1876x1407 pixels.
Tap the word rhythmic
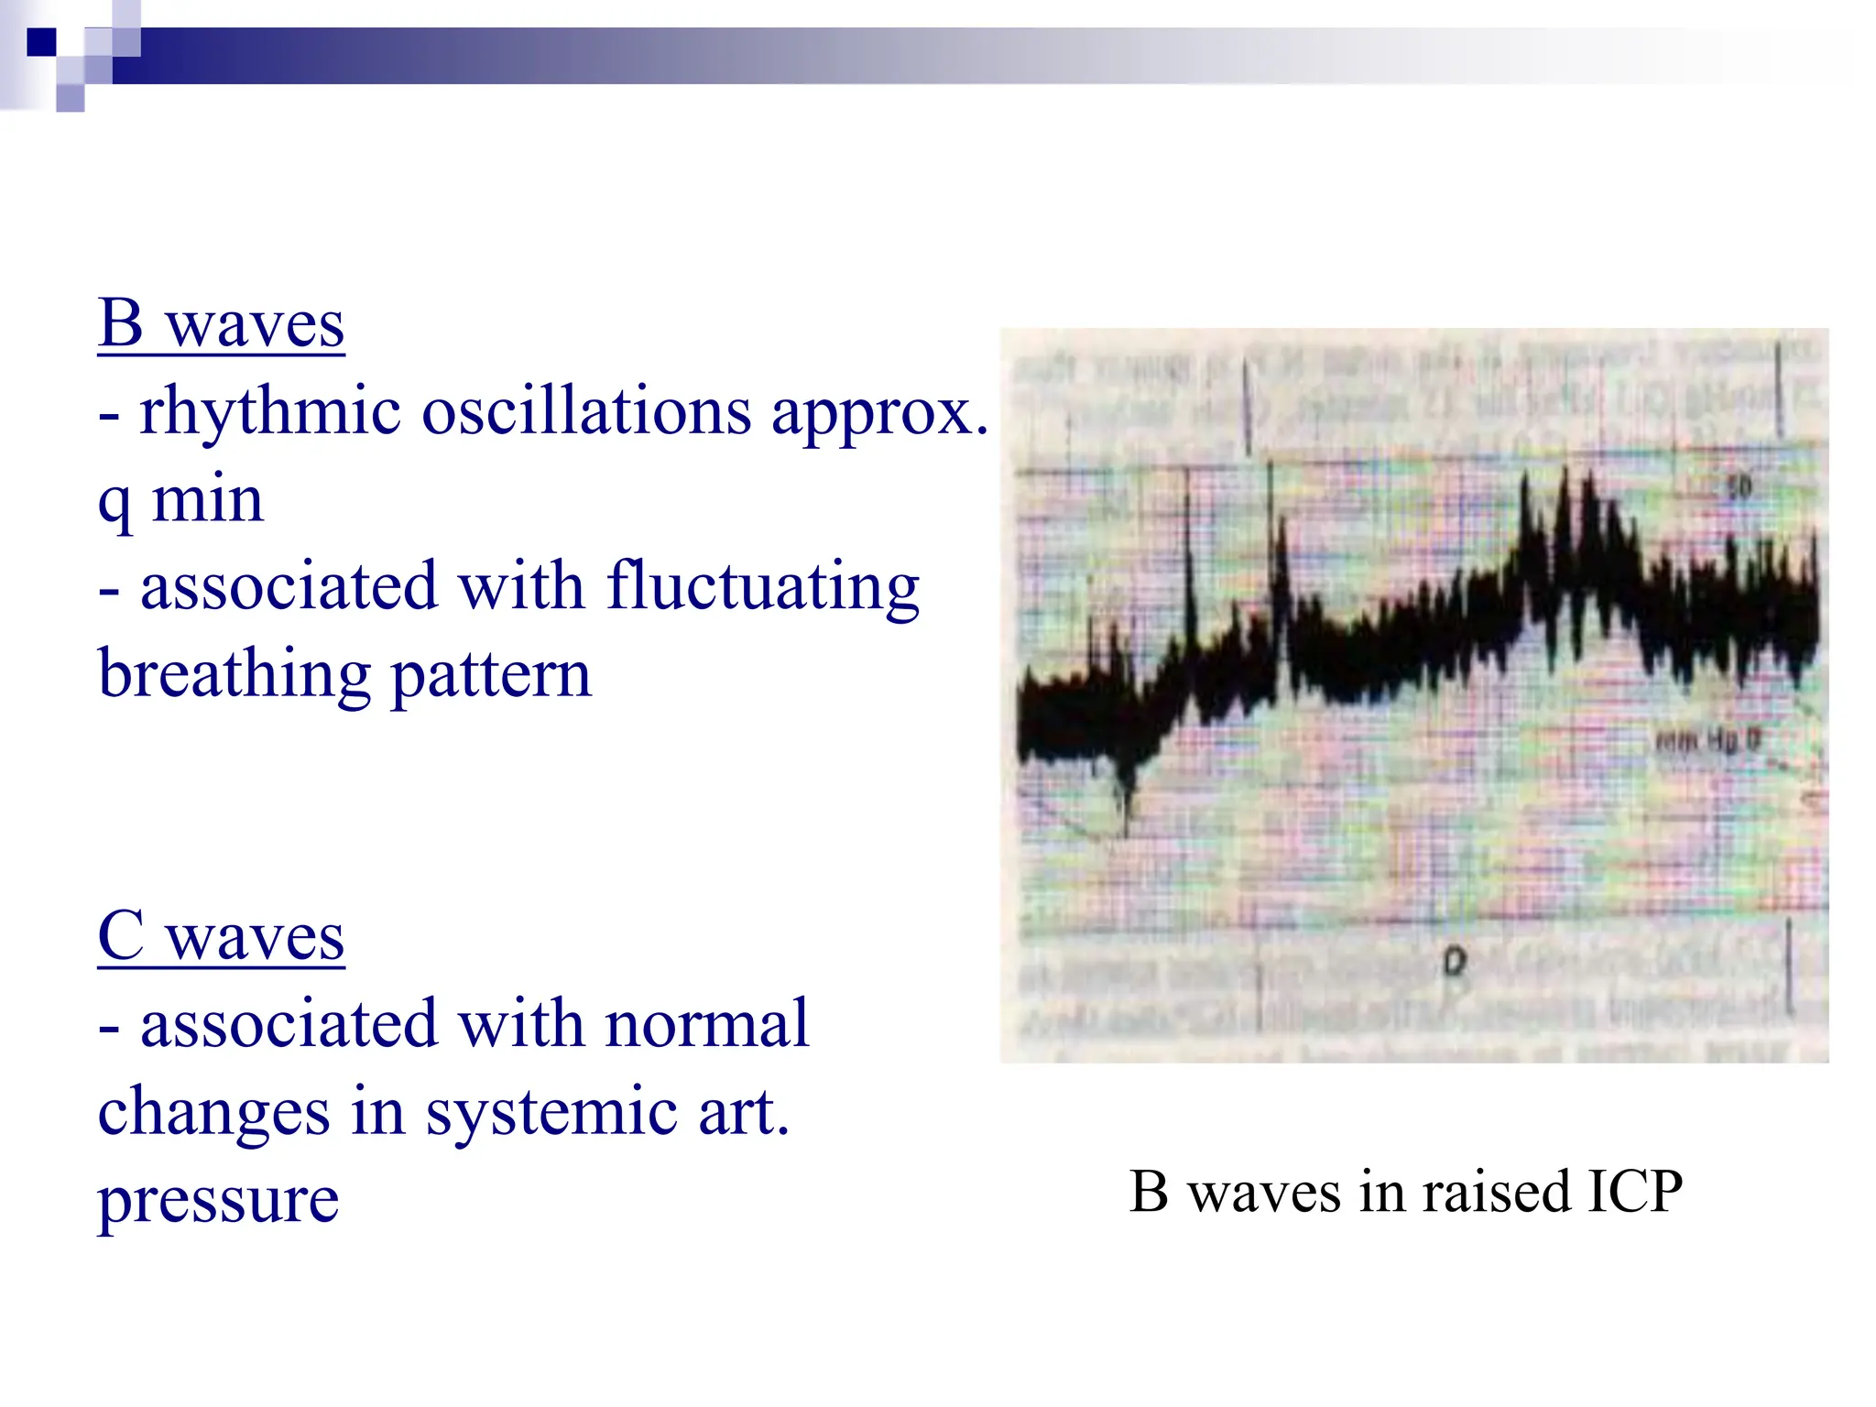coord(270,411)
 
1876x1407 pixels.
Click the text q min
coord(180,500)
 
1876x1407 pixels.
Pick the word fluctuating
coord(762,587)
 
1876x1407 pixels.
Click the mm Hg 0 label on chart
coord(1707,740)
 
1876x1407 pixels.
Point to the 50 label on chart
coord(1738,486)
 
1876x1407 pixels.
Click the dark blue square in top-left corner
coord(42,42)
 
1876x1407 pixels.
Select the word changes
coord(213,1112)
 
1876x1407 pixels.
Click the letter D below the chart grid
coord(1454,962)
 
